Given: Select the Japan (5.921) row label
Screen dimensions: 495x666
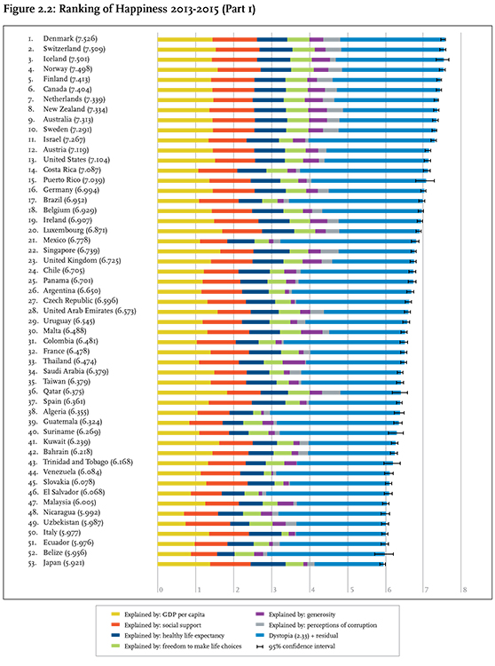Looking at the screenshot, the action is [x=64, y=563].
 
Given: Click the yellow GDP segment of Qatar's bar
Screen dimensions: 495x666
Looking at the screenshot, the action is [x=192, y=392].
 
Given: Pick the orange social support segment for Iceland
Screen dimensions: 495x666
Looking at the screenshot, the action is [x=234, y=59].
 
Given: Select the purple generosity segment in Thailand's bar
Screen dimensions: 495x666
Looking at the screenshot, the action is [x=294, y=362].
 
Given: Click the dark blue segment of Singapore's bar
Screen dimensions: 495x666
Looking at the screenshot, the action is [x=271, y=251].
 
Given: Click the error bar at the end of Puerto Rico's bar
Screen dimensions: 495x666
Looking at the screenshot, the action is [x=425, y=180].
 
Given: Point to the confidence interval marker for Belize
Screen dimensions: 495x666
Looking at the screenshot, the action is [x=384, y=554].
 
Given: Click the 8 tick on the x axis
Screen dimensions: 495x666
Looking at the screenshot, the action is [x=465, y=590].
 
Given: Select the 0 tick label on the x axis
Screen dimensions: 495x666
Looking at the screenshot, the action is [x=161, y=590].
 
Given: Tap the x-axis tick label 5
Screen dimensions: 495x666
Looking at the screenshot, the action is [x=351, y=590].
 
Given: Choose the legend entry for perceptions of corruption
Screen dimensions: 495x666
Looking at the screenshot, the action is [x=316, y=625].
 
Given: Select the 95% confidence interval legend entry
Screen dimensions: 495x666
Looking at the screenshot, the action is [x=295, y=646].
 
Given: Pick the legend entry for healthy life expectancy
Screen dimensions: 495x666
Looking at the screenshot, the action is [x=168, y=636].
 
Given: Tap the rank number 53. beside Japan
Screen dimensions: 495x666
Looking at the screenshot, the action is [x=32, y=564].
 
